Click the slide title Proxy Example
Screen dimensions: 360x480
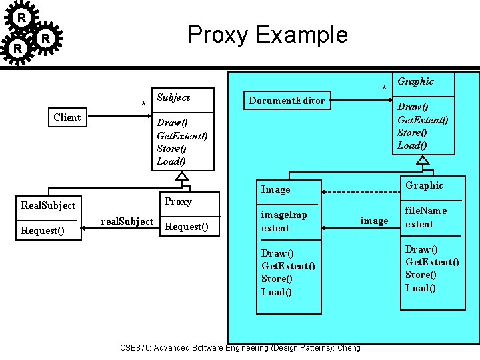pos(267,34)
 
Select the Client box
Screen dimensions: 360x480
pos(67,117)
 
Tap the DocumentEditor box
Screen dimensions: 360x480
pos(287,101)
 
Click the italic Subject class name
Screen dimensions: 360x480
pos(173,97)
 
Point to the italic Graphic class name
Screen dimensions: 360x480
pos(415,81)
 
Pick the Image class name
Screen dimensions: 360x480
pos(275,189)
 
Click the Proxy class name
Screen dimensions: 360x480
pos(178,201)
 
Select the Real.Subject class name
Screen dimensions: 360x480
pos(48,205)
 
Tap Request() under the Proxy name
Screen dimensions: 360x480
pos(186,227)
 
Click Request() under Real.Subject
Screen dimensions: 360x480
pos(42,231)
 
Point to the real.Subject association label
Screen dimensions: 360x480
pos(127,221)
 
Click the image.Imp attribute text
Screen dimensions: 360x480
pos(284,215)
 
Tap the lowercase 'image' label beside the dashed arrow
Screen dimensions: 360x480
pos(374,221)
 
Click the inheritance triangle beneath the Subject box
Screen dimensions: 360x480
pos(181,177)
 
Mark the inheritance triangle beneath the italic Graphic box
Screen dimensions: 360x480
pos(423,160)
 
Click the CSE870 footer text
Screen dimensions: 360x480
pos(240,347)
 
